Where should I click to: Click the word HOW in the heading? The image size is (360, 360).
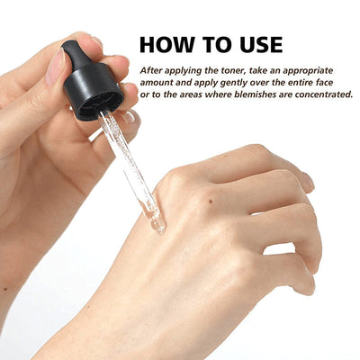pos(166,44)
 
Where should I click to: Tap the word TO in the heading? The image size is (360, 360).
pos(213,44)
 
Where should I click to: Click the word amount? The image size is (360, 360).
pos(158,81)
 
